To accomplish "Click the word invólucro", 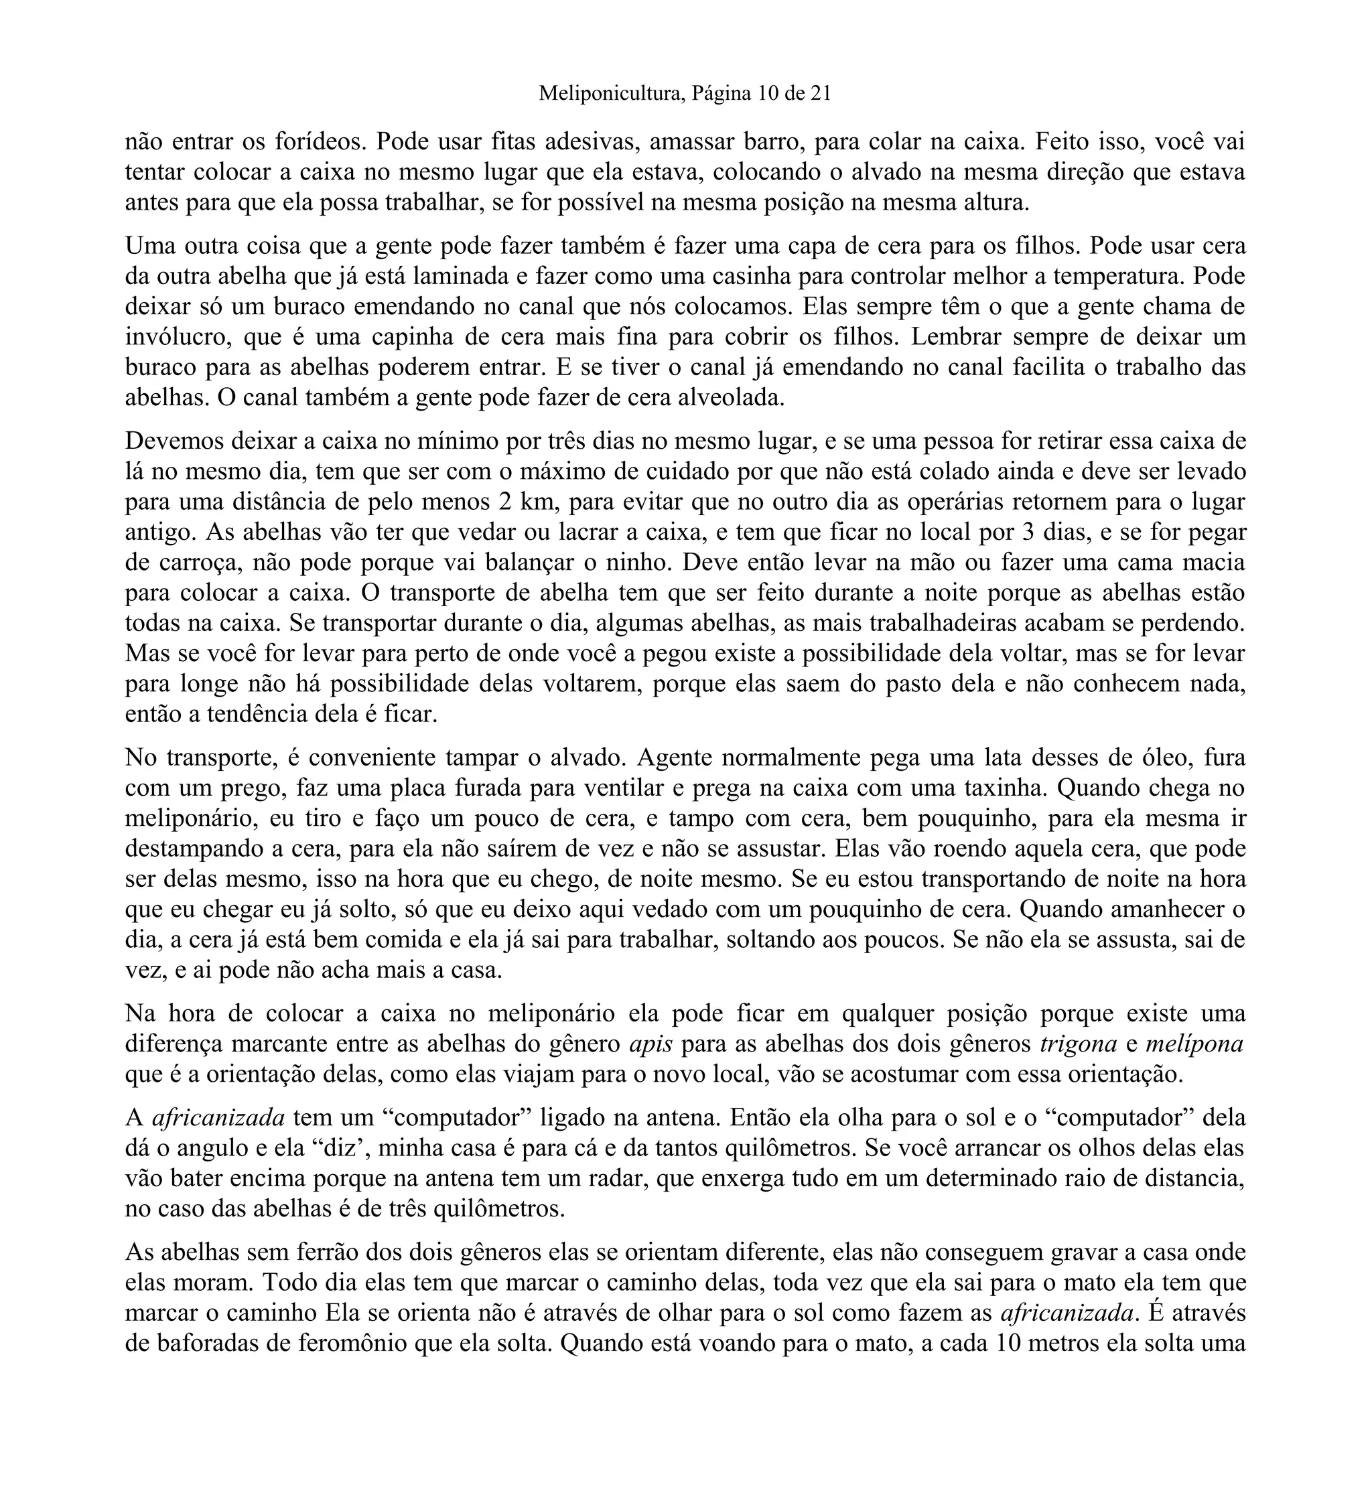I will pos(178,338).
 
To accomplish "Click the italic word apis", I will pos(650,1045).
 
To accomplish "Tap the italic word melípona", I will pos(1194,1045).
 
